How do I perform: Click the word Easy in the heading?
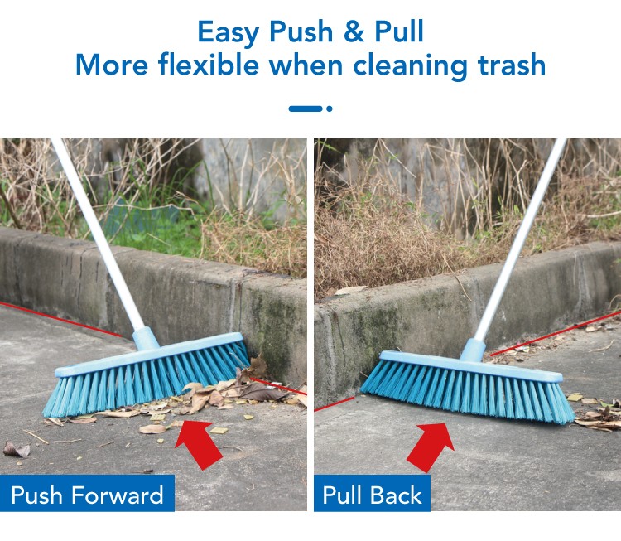[229, 32]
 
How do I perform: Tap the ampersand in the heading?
[354, 31]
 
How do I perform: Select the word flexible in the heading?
[209, 65]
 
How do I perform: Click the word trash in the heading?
[512, 65]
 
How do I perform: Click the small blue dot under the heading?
[329, 109]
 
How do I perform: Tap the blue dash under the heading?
[306, 109]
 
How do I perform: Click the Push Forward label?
[87, 494]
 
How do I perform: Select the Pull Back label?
[373, 494]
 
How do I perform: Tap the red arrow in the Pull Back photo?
[431, 447]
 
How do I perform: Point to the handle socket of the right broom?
[473, 350]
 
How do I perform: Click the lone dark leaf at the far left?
[17, 449]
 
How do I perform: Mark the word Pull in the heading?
[399, 31]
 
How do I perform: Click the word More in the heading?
[112, 65]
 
